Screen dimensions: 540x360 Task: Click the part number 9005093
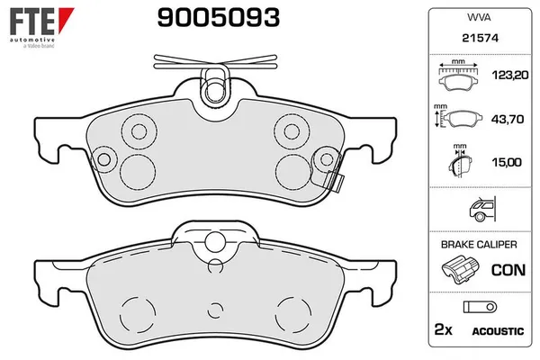pyautogui.click(x=219, y=18)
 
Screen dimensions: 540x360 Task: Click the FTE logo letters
pyautogui.click(x=31, y=21)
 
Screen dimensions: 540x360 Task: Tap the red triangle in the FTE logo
pyautogui.click(x=65, y=18)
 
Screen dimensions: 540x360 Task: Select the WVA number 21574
pyautogui.click(x=480, y=38)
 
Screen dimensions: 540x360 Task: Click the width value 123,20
pyautogui.click(x=510, y=75)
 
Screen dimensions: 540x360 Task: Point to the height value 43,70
pyautogui.click(x=508, y=119)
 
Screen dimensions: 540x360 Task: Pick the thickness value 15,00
pyautogui.click(x=507, y=162)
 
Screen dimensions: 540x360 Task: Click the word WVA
pyautogui.click(x=479, y=17)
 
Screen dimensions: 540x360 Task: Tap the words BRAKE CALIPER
pyautogui.click(x=479, y=244)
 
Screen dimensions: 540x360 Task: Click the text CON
pyautogui.click(x=508, y=270)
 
